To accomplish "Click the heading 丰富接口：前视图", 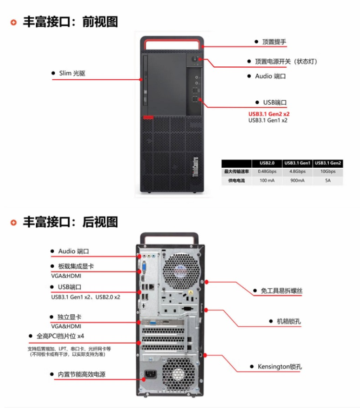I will (70, 22).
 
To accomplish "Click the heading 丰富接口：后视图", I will (70, 222).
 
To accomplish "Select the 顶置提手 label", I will (274, 42).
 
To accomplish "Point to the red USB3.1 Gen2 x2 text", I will (269, 114).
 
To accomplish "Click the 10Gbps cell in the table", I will (328, 172).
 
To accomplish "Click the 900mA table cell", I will (298, 181).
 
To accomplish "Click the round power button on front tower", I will (195, 60).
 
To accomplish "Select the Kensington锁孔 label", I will (280, 367).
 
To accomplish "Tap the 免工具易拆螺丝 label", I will (282, 291).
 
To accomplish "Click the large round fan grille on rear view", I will (181, 272).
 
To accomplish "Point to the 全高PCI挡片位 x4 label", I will (63, 336).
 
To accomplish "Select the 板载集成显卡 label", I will (76, 266).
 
